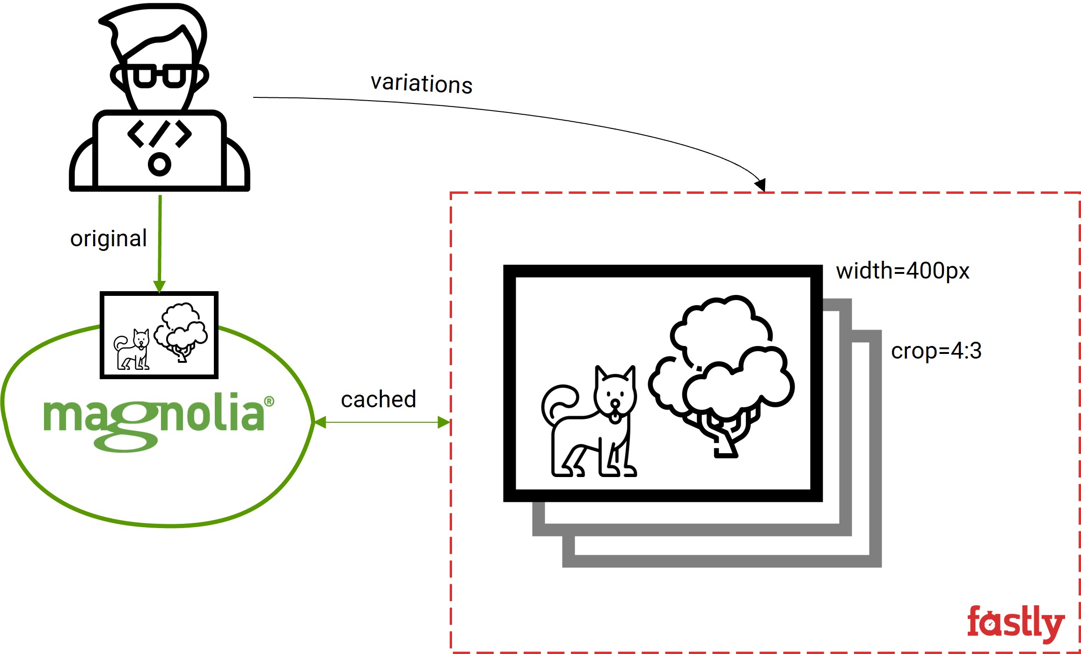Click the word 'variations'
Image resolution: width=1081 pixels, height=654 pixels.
point(421,84)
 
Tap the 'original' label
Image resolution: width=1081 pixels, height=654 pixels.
point(109,239)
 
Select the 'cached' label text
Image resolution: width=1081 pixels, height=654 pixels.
point(379,399)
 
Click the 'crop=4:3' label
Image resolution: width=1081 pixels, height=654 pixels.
point(936,351)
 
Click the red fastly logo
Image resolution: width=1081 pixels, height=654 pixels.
point(1016,623)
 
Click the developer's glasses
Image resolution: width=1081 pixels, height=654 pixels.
point(160,76)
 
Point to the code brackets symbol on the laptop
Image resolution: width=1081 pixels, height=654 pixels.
point(160,134)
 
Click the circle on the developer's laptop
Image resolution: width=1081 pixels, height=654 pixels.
point(160,164)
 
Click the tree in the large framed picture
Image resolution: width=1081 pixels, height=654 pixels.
point(721,375)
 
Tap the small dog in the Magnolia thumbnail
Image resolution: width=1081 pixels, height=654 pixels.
point(132,350)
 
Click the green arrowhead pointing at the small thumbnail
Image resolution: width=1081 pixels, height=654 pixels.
point(160,287)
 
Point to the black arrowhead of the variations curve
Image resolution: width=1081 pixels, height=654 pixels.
point(761,184)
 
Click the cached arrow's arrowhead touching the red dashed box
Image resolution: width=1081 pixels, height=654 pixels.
point(444,423)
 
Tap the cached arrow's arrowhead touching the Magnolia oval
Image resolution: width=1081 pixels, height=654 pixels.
point(320,423)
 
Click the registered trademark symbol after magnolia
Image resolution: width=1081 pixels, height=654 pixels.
point(269,401)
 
